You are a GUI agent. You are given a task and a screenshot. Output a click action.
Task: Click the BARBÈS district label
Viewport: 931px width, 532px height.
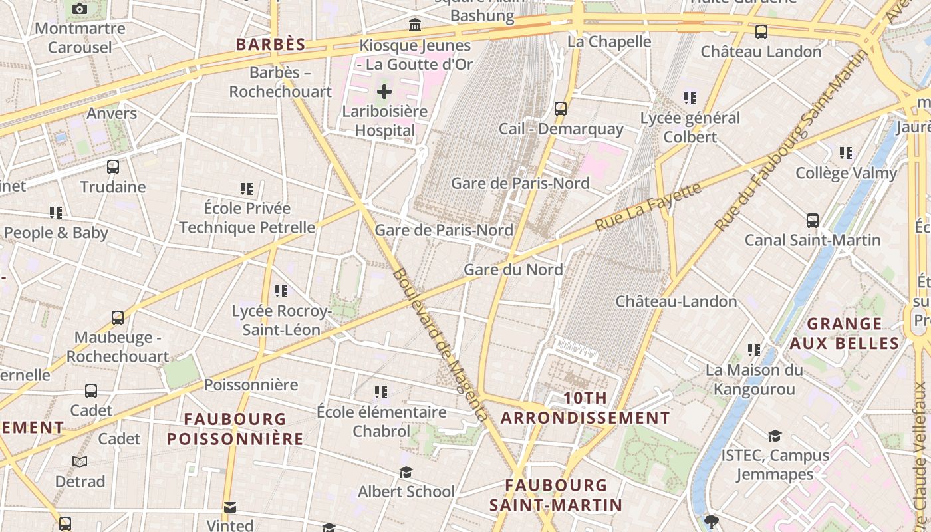click(271, 45)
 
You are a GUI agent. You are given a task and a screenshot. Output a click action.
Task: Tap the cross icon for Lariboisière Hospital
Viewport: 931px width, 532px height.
click(384, 92)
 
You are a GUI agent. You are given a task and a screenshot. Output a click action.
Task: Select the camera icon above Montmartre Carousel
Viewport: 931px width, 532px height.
click(80, 9)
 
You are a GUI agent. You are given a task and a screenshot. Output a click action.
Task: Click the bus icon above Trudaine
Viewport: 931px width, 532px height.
click(113, 166)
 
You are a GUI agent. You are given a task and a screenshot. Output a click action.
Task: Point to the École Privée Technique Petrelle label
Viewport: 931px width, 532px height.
click(247, 218)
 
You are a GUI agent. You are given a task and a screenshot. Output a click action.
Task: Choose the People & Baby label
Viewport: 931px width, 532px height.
click(56, 233)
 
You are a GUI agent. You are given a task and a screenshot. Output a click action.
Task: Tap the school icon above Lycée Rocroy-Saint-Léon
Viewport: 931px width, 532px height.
click(281, 291)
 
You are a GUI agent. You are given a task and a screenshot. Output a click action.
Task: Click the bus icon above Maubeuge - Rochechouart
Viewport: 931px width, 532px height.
click(118, 318)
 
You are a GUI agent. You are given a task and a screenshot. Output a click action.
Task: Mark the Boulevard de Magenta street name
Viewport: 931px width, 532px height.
click(439, 344)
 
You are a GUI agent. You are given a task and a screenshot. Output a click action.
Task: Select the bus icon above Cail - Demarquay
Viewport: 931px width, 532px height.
click(561, 108)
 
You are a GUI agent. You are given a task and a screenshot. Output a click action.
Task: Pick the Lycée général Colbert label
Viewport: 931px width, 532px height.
click(690, 128)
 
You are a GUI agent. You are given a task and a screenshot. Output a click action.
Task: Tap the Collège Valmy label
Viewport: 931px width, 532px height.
click(846, 173)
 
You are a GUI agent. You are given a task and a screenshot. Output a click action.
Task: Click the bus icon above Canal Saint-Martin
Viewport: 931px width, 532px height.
click(812, 220)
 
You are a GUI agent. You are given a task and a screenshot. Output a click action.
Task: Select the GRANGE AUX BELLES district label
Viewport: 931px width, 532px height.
click(845, 334)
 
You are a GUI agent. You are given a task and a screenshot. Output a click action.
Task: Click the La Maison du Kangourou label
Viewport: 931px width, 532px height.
click(754, 379)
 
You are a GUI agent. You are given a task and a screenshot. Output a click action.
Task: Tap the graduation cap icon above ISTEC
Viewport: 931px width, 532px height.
click(775, 436)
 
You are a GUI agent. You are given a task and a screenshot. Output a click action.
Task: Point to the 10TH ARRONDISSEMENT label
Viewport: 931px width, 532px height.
click(585, 408)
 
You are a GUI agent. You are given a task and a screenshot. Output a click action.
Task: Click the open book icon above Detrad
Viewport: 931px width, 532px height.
click(80, 462)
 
